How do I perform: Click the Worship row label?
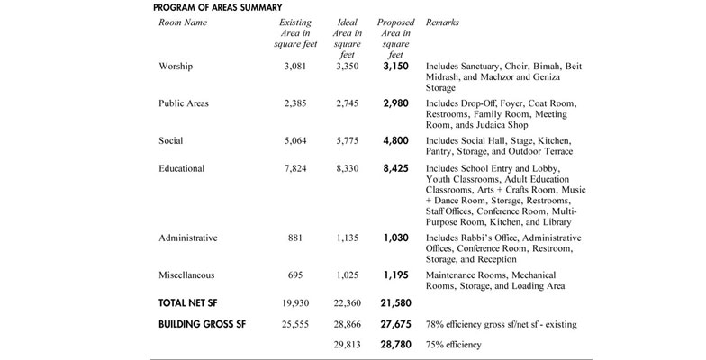[176, 67]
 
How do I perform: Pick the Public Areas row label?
[183, 103]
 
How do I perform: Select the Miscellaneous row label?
[186, 274]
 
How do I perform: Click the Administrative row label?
[188, 238]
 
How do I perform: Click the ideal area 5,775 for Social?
[348, 141]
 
